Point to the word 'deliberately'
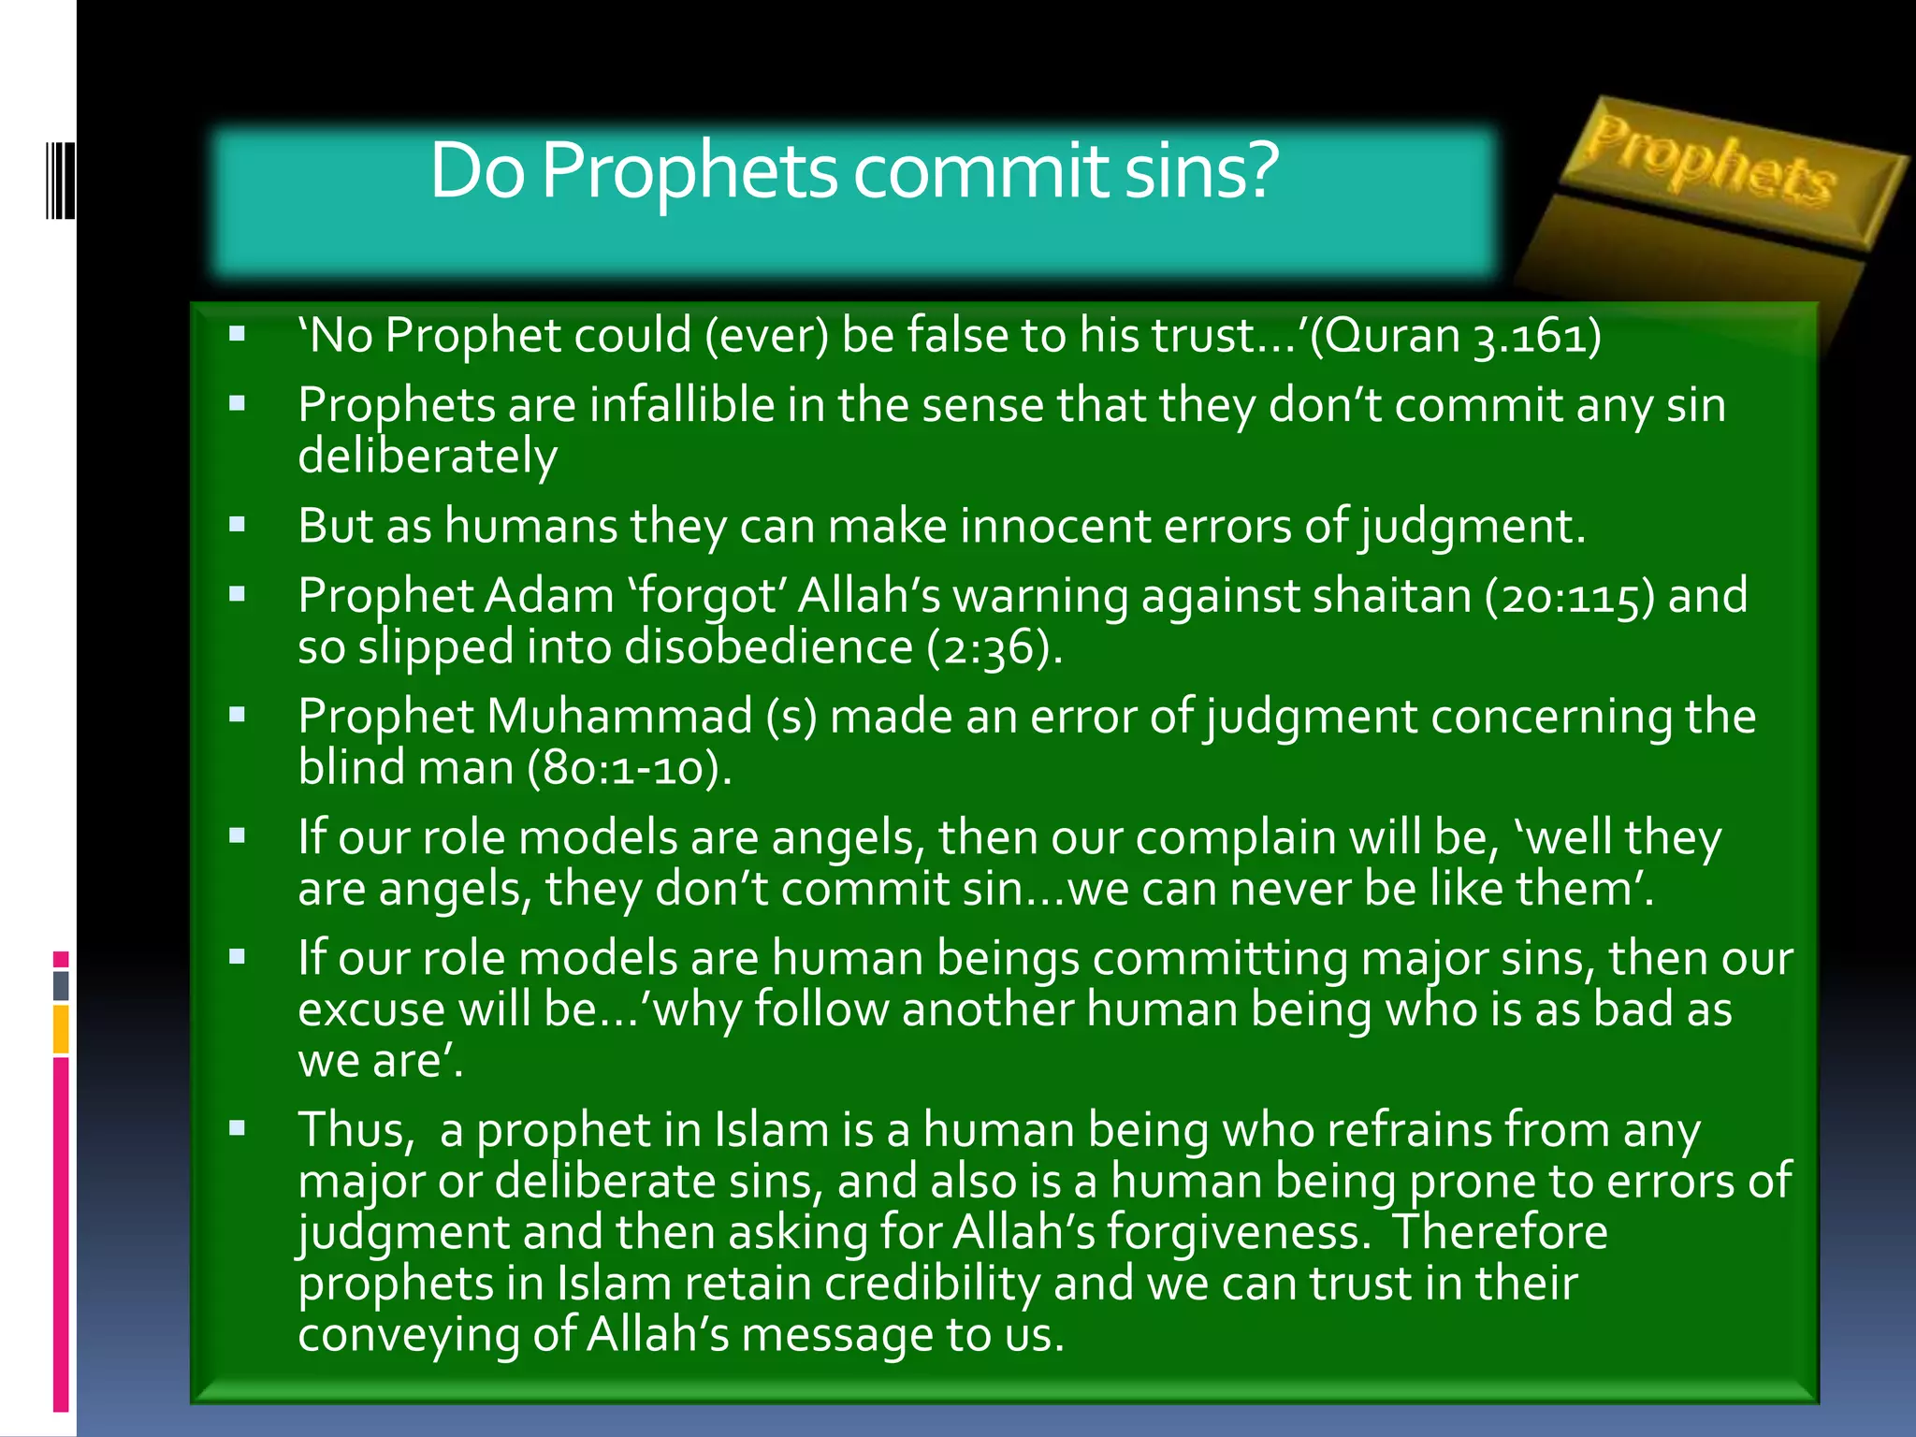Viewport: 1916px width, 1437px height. pyautogui.click(x=428, y=457)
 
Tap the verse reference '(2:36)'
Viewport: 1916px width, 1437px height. pyautogui.click(x=994, y=647)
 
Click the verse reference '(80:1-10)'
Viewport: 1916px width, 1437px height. pyautogui.click(x=630, y=768)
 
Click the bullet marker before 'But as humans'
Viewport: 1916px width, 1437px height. pyautogui.click(x=238, y=525)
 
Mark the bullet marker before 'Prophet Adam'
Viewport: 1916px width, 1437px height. pyautogui.click(x=238, y=594)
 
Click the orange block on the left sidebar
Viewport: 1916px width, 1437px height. pyautogui.click(x=61, y=1028)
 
